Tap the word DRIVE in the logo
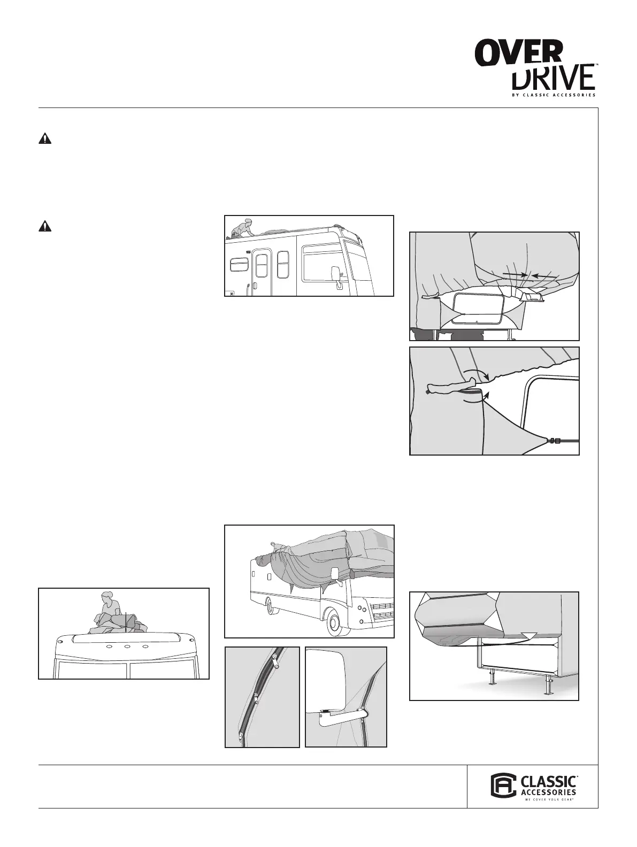[x=554, y=78]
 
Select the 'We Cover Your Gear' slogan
[x=549, y=801]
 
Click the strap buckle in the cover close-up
[x=555, y=441]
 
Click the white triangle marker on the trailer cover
[x=528, y=635]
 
